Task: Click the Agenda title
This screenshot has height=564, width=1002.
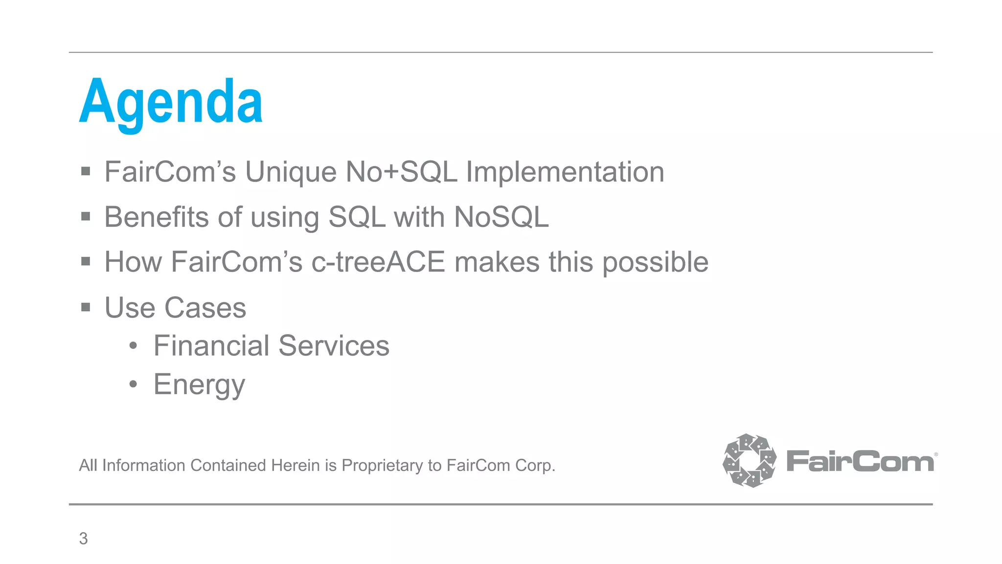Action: [171, 103]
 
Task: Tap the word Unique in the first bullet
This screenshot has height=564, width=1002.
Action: [291, 172]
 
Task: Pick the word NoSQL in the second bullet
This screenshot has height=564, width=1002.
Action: [501, 217]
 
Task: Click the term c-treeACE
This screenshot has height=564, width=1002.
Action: [378, 262]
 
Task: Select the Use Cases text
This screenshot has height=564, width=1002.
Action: [175, 308]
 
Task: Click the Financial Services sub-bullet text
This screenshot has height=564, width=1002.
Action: [271, 346]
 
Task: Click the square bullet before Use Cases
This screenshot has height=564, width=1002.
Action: [86, 307]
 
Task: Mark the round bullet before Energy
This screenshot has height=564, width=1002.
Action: [133, 384]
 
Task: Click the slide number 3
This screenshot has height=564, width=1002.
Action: [83, 539]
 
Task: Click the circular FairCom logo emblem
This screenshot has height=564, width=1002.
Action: [749, 460]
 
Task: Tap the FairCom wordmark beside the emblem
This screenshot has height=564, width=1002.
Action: [860, 461]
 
